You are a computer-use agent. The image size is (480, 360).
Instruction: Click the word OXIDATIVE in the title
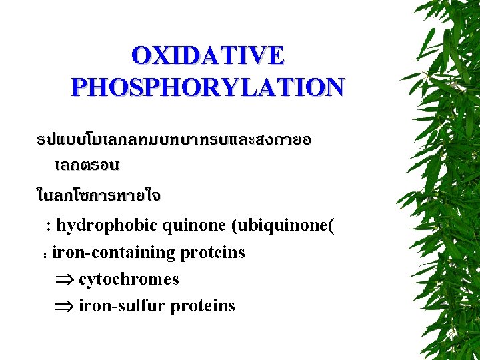tap(207, 55)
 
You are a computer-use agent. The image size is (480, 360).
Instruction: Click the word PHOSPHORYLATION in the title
tap(207, 87)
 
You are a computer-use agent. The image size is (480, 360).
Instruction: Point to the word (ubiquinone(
tap(283, 226)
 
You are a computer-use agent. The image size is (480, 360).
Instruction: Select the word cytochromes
tap(129, 279)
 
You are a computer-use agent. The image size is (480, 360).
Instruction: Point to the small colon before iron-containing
tap(44, 255)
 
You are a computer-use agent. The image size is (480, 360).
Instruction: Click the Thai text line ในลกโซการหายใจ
tap(98, 196)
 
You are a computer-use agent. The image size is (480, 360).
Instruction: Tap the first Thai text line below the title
tap(174, 141)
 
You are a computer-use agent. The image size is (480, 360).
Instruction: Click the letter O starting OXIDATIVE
tap(141, 55)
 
